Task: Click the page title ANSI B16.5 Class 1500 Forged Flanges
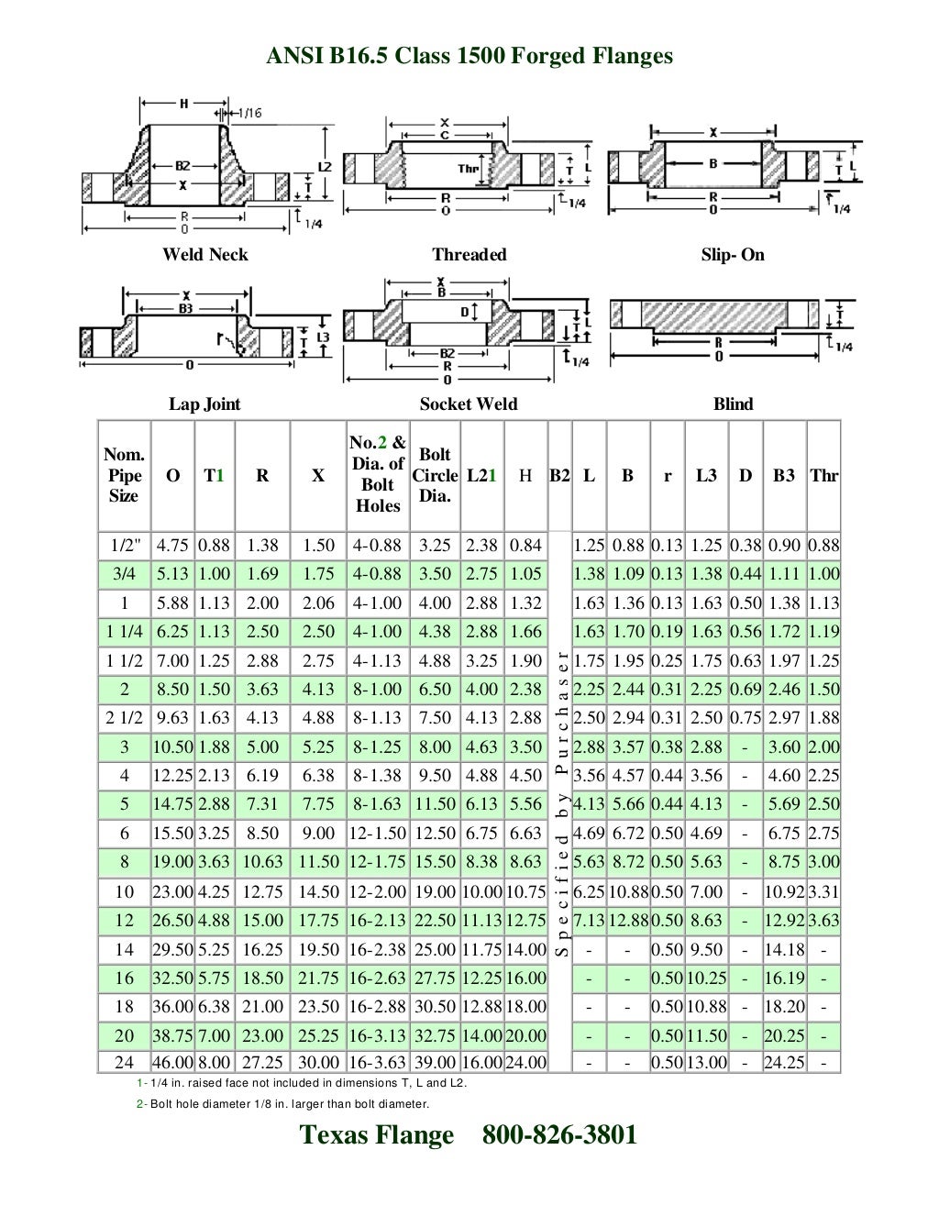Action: [x=469, y=57]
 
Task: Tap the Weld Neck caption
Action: [x=204, y=254]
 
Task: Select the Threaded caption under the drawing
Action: [x=469, y=254]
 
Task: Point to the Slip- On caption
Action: [x=732, y=254]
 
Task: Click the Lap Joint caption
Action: [x=204, y=403]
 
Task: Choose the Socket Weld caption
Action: [x=469, y=403]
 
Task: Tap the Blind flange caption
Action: [x=733, y=403]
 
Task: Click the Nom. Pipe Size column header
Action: [x=124, y=475]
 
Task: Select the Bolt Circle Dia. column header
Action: [x=435, y=475]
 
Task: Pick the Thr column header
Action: [x=823, y=475]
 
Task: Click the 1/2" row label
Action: [x=125, y=546]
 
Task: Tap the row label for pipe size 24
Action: [x=125, y=1063]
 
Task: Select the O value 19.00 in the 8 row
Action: [x=172, y=862]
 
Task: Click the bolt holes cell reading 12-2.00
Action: [x=378, y=891]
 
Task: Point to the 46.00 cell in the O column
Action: [x=172, y=1063]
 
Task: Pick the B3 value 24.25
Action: [x=784, y=1063]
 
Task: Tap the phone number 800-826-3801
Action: [x=559, y=1135]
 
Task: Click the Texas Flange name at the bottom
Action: [x=377, y=1135]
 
